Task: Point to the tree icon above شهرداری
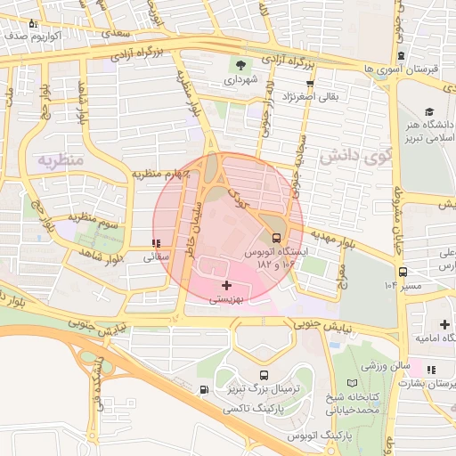[240, 64]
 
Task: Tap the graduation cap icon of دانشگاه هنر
[430, 112]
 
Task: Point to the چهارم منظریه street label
[162, 174]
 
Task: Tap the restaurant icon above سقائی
[157, 243]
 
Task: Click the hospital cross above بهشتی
[228, 285]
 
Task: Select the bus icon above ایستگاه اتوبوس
[277, 238]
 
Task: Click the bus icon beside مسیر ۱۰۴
[403, 272]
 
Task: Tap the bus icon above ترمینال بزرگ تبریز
[264, 376]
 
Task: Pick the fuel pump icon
[206, 389]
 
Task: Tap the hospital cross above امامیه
[444, 324]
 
